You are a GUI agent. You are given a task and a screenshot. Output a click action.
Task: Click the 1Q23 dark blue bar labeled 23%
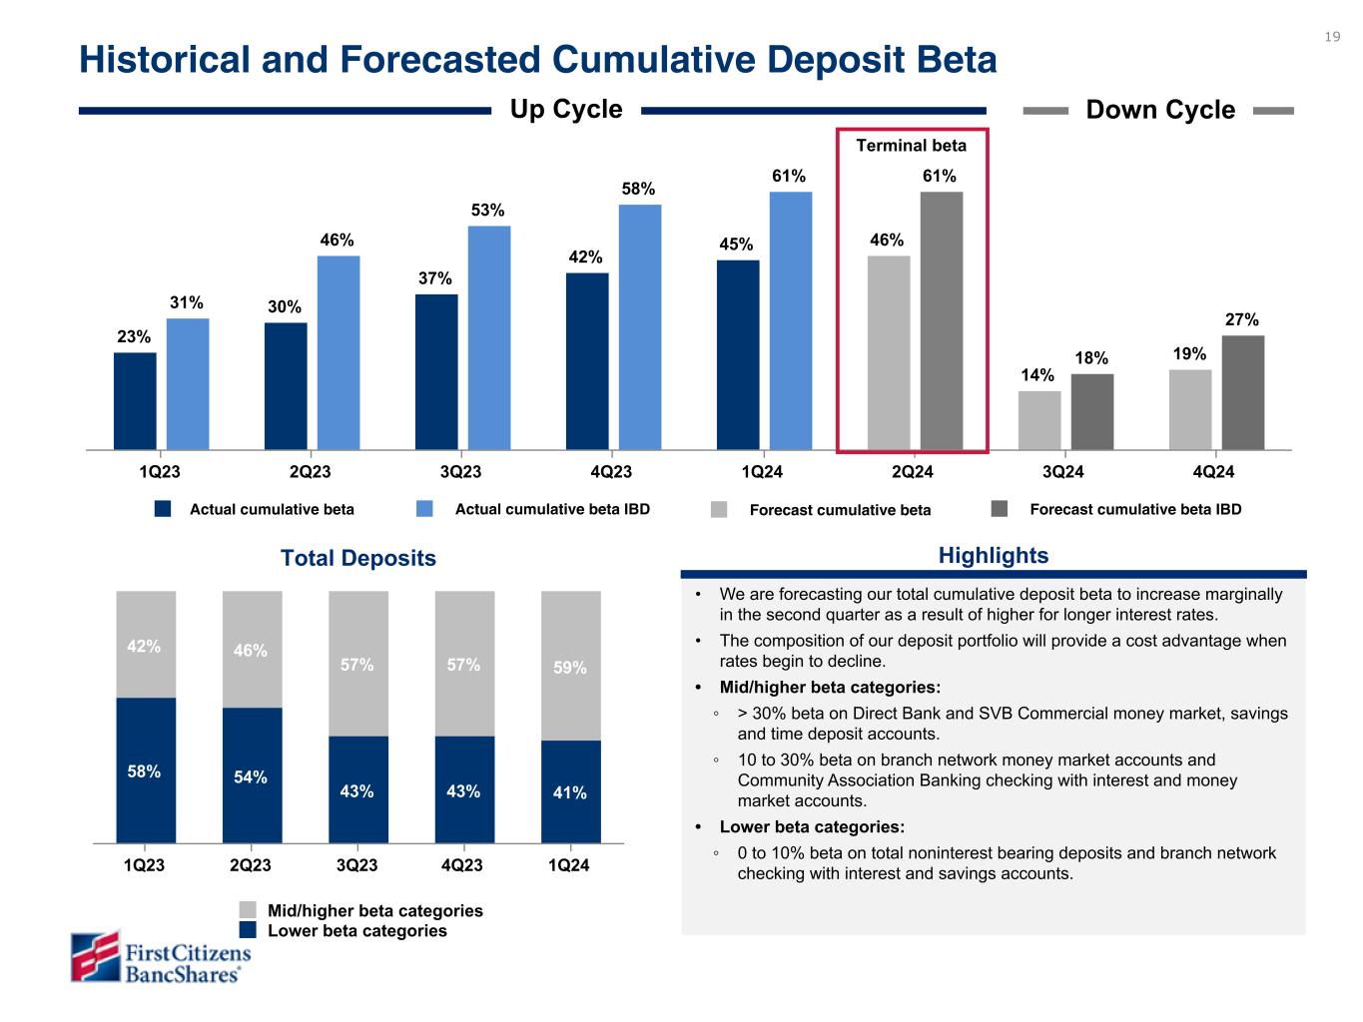135,401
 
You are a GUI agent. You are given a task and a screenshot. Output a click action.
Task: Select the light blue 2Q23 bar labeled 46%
339,352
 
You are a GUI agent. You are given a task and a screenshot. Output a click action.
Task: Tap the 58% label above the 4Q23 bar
639,189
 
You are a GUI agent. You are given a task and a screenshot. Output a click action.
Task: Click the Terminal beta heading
911,146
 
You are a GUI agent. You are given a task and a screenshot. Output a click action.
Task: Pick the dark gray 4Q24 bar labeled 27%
1242,392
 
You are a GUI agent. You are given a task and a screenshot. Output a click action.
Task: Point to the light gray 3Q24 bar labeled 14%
1039,420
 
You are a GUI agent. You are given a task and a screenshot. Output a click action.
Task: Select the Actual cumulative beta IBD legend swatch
424,509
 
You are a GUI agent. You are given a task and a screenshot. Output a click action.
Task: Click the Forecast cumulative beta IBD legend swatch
1000,509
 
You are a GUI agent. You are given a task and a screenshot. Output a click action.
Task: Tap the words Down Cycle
1159,110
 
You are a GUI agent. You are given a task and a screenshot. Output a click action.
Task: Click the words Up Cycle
566,110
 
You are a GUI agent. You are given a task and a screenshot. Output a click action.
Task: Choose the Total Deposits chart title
358,558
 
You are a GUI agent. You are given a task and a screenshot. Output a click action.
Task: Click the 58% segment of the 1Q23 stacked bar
146,770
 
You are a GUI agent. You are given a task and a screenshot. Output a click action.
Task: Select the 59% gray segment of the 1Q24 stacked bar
571,666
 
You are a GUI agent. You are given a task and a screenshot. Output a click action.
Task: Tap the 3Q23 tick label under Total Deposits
356,865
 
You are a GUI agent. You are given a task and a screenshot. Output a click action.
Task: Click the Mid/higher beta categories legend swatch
249,910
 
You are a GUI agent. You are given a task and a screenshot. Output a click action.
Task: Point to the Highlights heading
993,556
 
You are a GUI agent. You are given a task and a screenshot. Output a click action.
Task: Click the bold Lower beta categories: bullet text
812,826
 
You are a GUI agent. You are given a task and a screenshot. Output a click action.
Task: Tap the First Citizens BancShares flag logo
95,956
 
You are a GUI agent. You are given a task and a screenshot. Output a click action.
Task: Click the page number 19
1332,37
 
